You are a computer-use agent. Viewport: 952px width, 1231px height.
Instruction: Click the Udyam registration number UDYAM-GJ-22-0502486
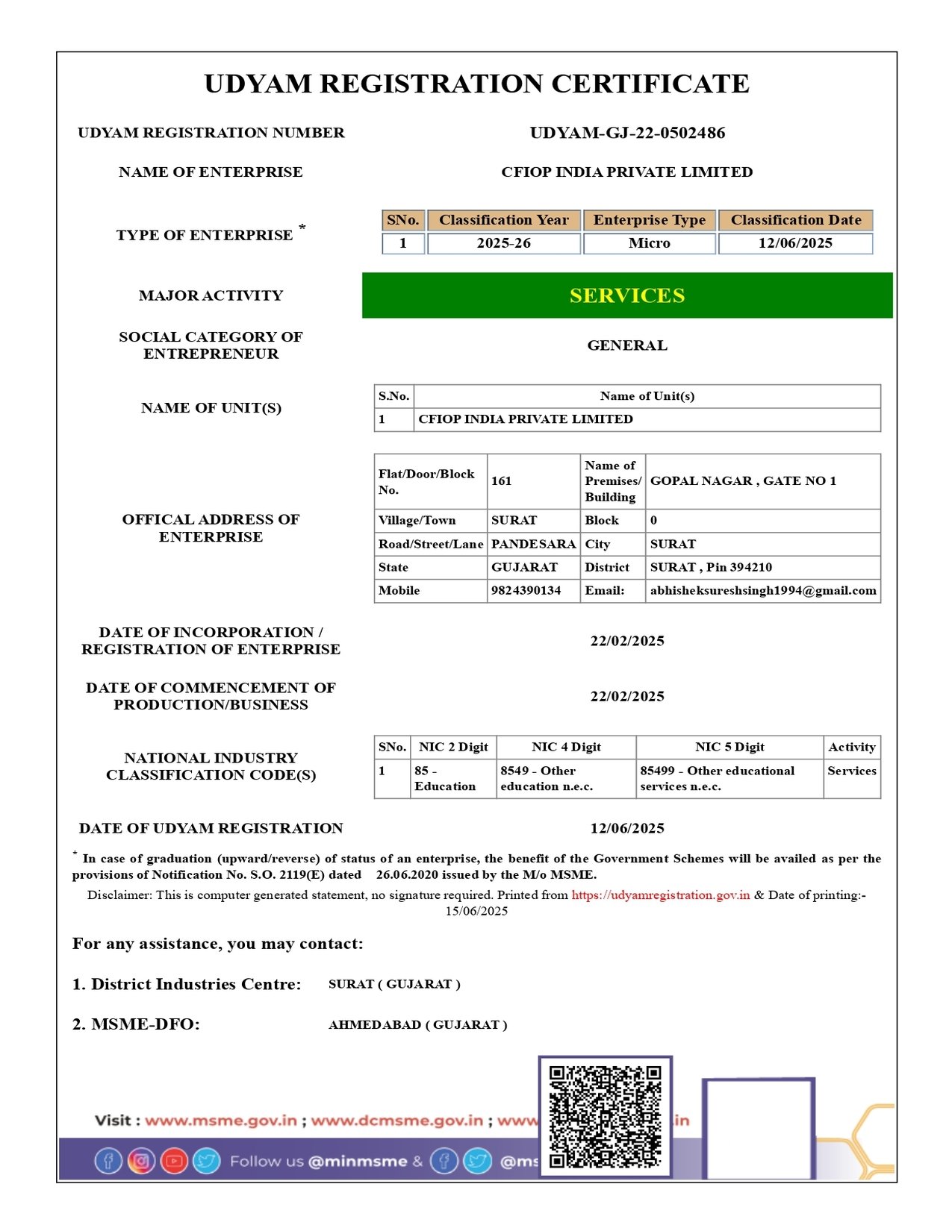[x=627, y=133]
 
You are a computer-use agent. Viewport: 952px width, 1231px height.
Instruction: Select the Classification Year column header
[x=504, y=220]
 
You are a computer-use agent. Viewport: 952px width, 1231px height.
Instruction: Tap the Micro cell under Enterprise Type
[x=649, y=243]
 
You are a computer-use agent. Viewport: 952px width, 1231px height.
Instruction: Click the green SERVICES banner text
[x=627, y=295]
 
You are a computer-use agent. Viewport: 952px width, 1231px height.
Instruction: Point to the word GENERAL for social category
[x=627, y=345]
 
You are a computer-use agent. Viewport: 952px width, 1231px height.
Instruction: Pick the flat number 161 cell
[x=502, y=481]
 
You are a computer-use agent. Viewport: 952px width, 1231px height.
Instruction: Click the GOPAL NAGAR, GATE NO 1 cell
[x=743, y=481]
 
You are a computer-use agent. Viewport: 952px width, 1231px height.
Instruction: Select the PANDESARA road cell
[x=533, y=544]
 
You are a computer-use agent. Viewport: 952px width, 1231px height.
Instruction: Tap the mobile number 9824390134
[x=526, y=590]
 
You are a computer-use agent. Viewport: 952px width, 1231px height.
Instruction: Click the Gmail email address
[x=762, y=590]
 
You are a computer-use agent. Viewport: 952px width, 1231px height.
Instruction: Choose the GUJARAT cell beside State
[x=524, y=567]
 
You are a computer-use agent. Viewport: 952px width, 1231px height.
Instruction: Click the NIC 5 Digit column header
[x=729, y=747]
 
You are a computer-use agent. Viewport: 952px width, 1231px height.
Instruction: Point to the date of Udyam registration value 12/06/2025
[x=627, y=828]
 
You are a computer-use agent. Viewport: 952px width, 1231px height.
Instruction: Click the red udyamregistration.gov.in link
[x=660, y=895]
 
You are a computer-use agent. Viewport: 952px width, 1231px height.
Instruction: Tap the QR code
[x=605, y=1116]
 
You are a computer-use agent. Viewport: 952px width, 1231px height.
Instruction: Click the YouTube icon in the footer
[x=174, y=1161]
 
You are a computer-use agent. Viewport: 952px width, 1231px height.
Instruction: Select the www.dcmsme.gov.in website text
[x=396, y=1121]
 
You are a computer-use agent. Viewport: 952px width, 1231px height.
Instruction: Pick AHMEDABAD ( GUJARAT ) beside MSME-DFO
[x=417, y=1024]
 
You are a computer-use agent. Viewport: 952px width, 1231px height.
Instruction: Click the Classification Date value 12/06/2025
[x=795, y=243]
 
